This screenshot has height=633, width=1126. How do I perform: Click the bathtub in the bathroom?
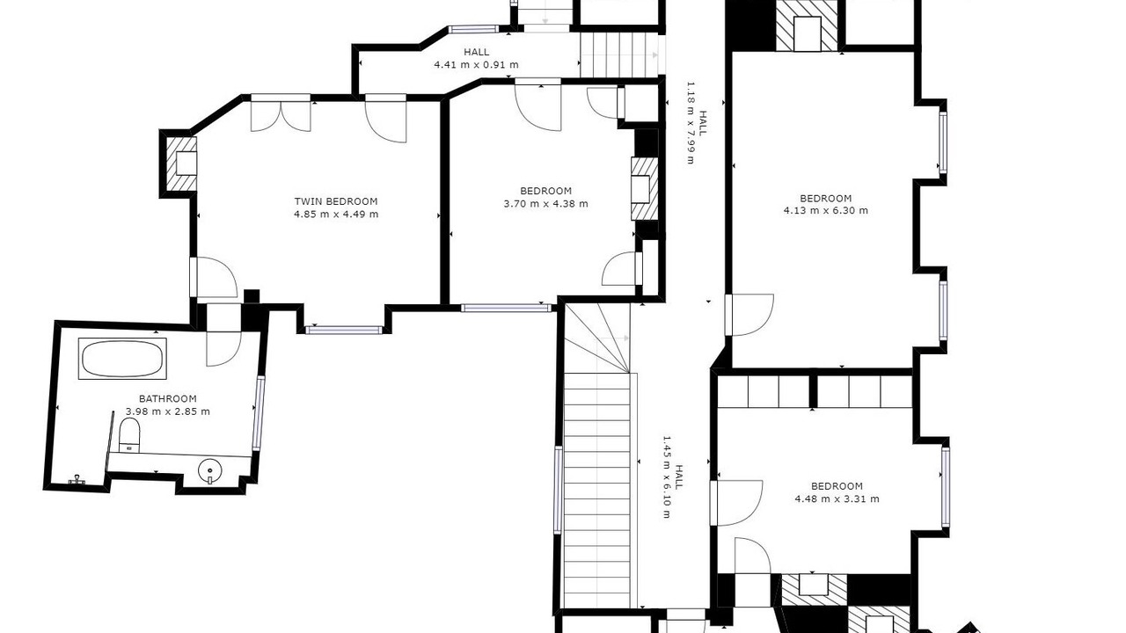(x=122, y=358)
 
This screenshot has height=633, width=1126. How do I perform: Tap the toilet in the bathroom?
(x=129, y=435)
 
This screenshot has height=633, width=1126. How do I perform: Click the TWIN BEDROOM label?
(x=336, y=201)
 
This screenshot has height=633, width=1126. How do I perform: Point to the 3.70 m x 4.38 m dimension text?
(x=545, y=203)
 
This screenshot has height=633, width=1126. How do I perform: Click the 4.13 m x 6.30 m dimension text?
(x=825, y=210)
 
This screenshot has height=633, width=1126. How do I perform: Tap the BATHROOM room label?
(x=167, y=399)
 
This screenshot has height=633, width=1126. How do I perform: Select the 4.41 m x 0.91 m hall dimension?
(x=476, y=65)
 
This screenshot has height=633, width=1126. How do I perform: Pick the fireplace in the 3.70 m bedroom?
(x=645, y=189)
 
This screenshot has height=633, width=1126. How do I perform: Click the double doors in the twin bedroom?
(x=281, y=113)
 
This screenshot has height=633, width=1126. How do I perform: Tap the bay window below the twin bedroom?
(x=344, y=330)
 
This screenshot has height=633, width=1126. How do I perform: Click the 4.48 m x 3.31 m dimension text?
(x=837, y=498)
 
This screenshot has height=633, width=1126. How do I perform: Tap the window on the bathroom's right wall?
(x=259, y=412)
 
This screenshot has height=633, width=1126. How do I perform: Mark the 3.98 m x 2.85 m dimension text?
(x=167, y=411)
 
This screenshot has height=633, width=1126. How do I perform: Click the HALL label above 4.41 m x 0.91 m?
(x=476, y=52)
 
